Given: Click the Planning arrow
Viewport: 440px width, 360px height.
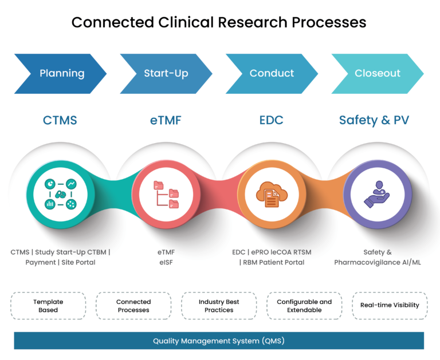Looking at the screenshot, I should [x=61, y=73].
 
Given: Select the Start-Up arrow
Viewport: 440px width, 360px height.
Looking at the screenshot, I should [x=166, y=73].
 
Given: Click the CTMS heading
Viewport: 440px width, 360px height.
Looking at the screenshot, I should [x=60, y=120].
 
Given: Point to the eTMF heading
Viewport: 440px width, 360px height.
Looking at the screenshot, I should [x=166, y=120].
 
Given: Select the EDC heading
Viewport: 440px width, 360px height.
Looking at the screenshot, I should [x=271, y=120].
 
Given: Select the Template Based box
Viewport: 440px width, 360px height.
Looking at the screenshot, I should [x=48, y=306].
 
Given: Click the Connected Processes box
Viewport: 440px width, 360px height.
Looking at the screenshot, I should [x=133, y=306].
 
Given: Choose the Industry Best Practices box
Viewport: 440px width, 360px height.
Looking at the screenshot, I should [x=219, y=306].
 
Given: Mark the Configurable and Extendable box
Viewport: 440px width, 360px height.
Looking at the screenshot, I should [x=304, y=306].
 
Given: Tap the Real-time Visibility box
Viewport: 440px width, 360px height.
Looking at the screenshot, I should [x=390, y=306].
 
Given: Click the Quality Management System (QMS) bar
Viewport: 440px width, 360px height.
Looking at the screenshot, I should [x=219, y=341].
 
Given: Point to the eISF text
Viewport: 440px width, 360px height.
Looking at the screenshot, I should [x=166, y=263].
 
